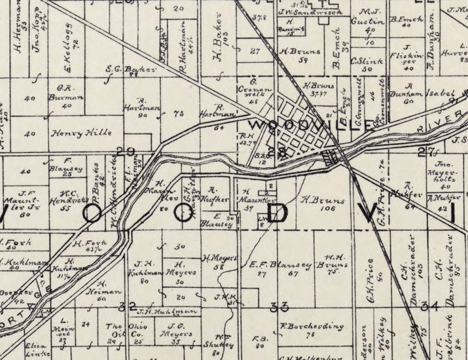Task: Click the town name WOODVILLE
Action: [x=313, y=124]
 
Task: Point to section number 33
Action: [x=279, y=306]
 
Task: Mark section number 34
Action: [x=429, y=306]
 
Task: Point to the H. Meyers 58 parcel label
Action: [x=219, y=262]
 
